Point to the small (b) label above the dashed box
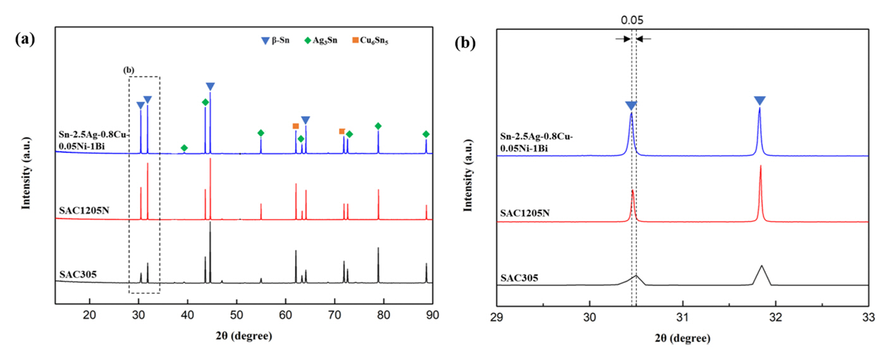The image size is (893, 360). [x=128, y=71]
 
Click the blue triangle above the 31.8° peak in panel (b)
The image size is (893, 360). [x=760, y=101]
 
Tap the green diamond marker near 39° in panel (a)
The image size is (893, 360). [x=184, y=148]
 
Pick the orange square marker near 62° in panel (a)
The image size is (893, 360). [x=295, y=126]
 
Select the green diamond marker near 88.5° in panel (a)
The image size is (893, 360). [x=426, y=134]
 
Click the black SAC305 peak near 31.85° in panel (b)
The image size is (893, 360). [x=761, y=267]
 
